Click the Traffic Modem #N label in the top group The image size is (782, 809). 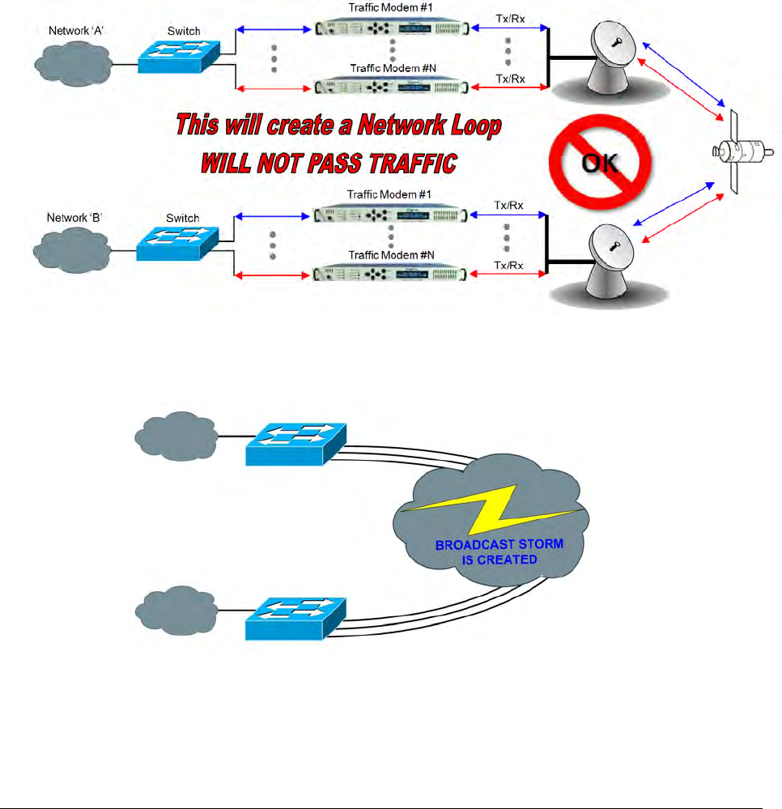tap(392, 68)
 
